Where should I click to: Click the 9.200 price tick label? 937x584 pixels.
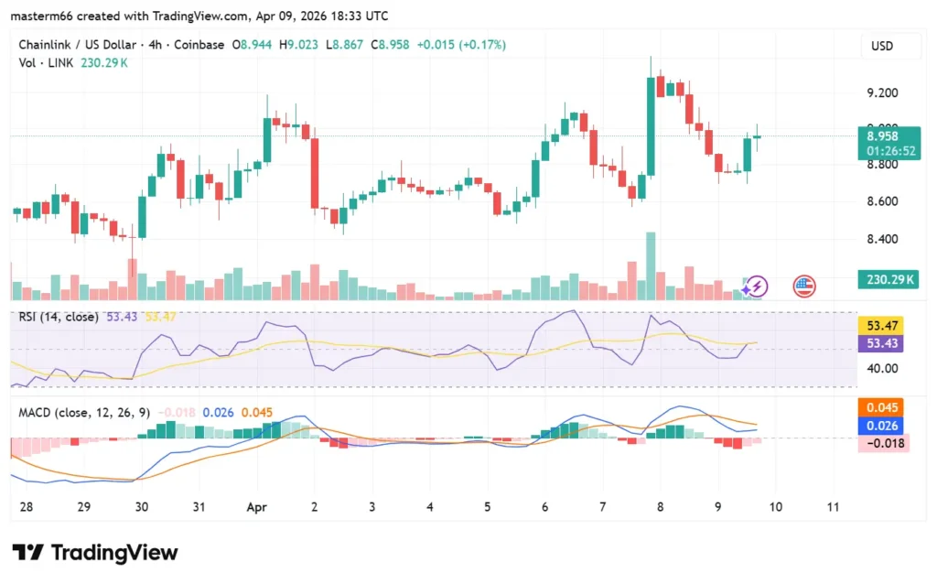883,92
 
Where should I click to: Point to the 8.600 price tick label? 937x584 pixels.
883,201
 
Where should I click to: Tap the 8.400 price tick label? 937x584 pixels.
883,240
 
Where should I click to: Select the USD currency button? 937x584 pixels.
882,46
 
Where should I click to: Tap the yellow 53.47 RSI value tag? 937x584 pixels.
882,325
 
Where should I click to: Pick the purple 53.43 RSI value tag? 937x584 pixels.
882,343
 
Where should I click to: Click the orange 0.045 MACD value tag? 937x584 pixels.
882,407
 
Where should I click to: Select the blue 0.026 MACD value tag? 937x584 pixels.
882,426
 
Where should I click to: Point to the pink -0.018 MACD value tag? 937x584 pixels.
882,444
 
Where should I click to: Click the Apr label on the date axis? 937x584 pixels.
257,506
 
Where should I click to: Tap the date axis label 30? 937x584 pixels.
141,506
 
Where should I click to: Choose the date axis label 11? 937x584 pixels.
833,506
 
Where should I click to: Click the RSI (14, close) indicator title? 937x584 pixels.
60,316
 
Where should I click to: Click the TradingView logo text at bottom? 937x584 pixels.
95,553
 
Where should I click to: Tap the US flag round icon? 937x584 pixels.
803,287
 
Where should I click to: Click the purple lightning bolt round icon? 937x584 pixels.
756,287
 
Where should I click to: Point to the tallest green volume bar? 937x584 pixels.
651,265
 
